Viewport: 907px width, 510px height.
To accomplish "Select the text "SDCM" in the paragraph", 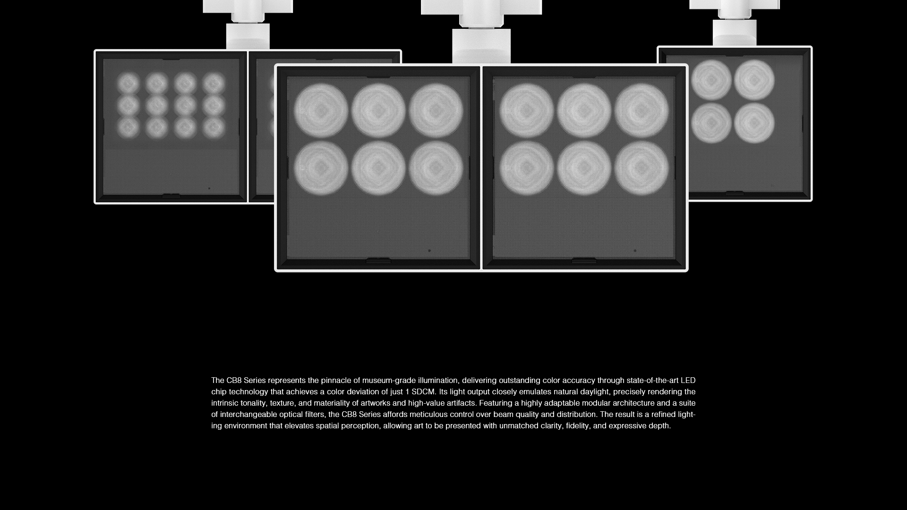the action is pyautogui.click(x=423, y=392).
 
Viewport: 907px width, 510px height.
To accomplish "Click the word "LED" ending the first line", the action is pyautogui.click(x=688, y=381).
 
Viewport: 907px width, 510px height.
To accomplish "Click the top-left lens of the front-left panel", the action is pyautogui.click(x=321, y=110).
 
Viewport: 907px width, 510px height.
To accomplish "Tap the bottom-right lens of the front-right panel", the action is pyautogui.click(x=642, y=168).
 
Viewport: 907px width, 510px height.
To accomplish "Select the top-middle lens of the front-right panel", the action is pyautogui.click(x=584, y=110).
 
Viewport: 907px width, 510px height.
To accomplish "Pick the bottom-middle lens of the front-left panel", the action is pyautogui.click(x=378, y=168).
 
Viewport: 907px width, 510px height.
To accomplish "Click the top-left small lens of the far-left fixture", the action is pyautogui.click(x=128, y=84).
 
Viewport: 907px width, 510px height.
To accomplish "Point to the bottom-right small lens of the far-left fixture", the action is pyautogui.click(x=214, y=127).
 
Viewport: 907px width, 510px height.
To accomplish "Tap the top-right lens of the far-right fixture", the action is pyautogui.click(x=754, y=80).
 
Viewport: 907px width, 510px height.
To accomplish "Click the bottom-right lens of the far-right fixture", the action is pyautogui.click(x=754, y=123).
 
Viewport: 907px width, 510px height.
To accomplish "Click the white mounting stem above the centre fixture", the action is pyautogui.click(x=481, y=46).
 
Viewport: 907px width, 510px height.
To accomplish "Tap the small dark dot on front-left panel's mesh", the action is pyautogui.click(x=429, y=251).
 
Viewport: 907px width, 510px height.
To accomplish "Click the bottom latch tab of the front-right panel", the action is pyautogui.click(x=584, y=261).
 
